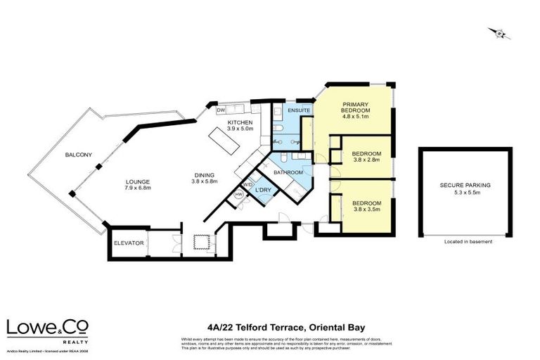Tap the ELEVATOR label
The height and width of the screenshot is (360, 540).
pos(129,243)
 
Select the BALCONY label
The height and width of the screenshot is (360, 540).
pos(79,155)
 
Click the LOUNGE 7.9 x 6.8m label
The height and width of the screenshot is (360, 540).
pos(138,184)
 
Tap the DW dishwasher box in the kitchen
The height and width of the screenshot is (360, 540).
pos(221,110)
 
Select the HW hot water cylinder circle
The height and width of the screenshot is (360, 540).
pos(238,195)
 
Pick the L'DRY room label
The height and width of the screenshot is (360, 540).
pos(263,191)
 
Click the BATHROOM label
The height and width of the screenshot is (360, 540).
pos(288,172)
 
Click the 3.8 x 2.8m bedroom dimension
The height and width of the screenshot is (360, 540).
pos(366,160)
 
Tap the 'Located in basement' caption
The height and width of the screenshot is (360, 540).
pos(468,242)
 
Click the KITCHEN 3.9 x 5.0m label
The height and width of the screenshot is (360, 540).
pos(239,126)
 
